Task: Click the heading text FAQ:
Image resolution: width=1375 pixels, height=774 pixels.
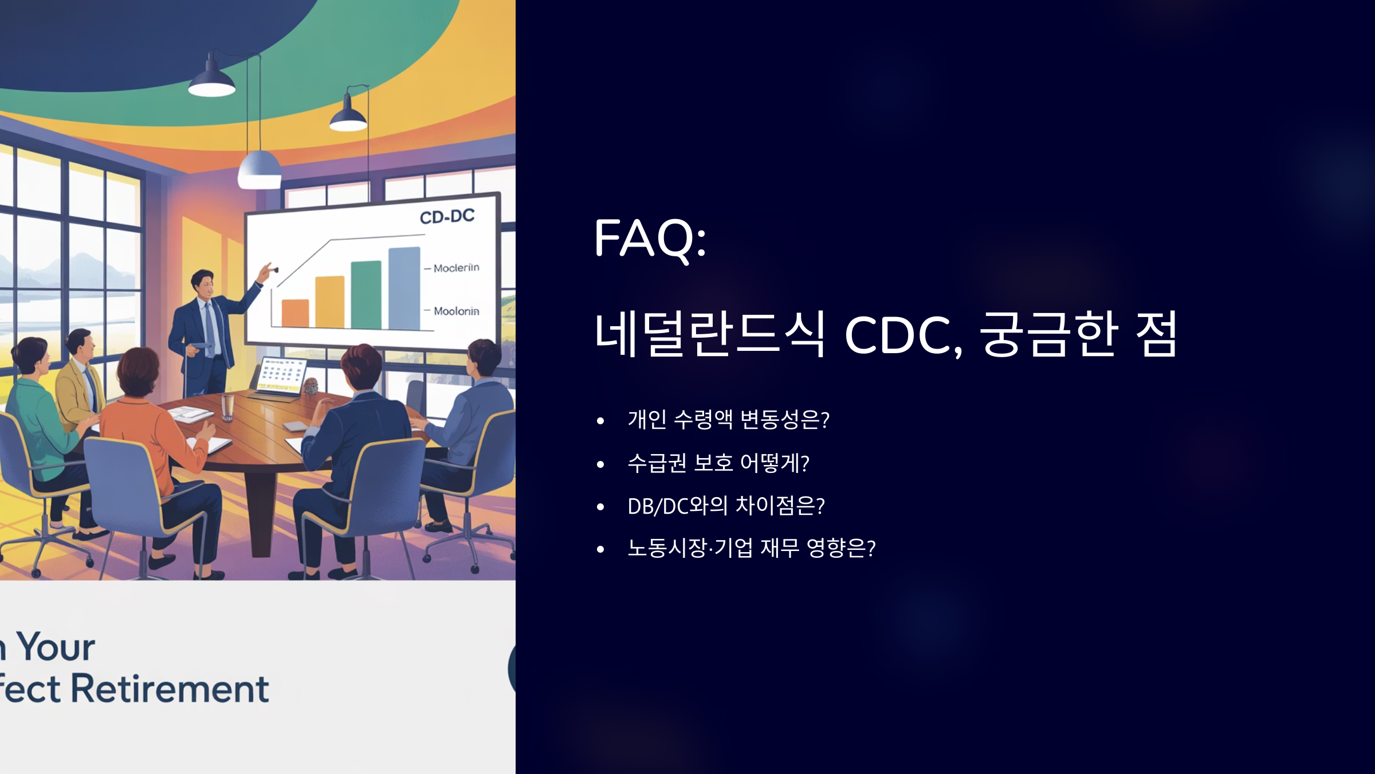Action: (650, 238)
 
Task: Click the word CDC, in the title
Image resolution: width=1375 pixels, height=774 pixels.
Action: (903, 335)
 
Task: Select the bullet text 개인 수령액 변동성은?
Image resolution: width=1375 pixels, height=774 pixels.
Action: (728, 420)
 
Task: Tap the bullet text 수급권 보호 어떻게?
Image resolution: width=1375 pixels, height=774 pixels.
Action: (718, 463)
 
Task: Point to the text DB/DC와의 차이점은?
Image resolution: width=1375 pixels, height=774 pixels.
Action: (726, 506)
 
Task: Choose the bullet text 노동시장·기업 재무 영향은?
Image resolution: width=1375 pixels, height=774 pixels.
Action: (751, 548)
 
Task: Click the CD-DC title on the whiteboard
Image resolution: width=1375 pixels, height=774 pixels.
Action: (447, 217)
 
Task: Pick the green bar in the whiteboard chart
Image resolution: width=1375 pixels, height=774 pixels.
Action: (366, 295)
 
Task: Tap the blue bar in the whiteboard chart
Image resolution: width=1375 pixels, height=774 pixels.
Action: (404, 288)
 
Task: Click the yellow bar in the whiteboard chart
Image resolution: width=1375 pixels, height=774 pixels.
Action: (329, 302)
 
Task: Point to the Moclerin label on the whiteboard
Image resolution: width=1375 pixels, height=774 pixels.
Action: (455, 268)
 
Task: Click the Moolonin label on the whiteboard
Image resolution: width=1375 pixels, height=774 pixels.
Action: (455, 311)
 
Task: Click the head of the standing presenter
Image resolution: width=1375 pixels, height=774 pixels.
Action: (203, 283)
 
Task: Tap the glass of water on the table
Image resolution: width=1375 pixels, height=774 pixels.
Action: (227, 407)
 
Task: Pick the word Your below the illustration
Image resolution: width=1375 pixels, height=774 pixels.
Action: (56, 647)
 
